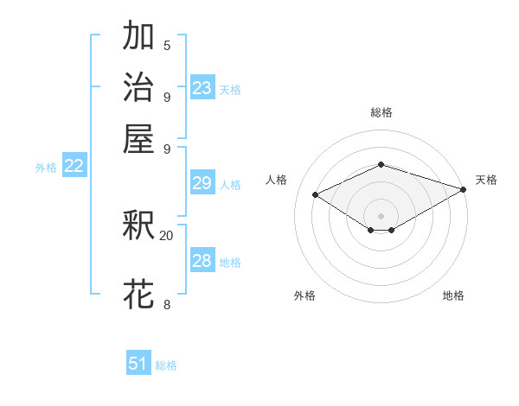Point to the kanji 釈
pyautogui.click(x=139, y=226)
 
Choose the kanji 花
pyautogui.click(x=139, y=294)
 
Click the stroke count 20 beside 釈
pyautogui.click(x=166, y=235)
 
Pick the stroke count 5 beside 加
pyautogui.click(x=166, y=45)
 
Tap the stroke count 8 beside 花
pyautogui.click(x=166, y=304)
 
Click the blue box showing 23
pyautogui.click(x=202, y=88)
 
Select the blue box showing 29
pyautogui.click(x=202, y=183)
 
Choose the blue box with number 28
pyautogui.click(x=202, y=261)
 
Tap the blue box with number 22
pyautogui.click(x=74, y=167)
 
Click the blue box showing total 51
pyautogui.click(x=138, y=364)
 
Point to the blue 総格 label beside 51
pyautogui.click(x=166, y=365)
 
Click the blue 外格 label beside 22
pyautogui.click(x=46, y=168)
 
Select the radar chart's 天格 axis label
pyautogui.click(x=486, y=180)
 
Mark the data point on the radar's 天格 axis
pyautogui.click(x=464, y=189)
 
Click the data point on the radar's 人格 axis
pyautogui.click(x=316, y=195)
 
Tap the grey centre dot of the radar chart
pyautogui.click(x=381, y=215)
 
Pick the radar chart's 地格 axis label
pyautogui.click(x=453, y=295)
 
